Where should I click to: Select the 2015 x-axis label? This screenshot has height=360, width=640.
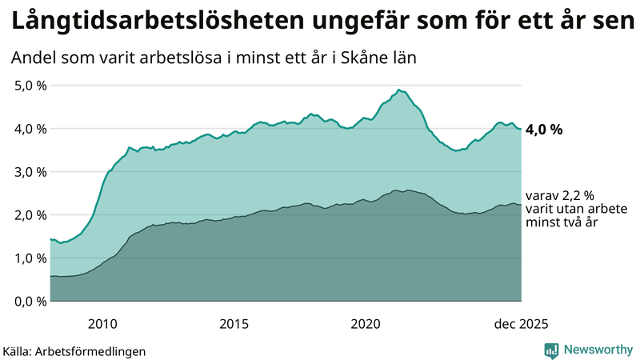coord(234,324)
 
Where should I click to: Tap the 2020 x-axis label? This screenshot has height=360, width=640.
coord(366,324)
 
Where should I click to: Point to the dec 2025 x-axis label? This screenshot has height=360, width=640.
coord(521,324)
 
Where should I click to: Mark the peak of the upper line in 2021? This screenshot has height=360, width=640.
coord(398,90)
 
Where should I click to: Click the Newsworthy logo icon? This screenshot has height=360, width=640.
coord(552,350)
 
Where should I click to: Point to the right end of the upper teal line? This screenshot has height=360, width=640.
coord(521,130)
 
